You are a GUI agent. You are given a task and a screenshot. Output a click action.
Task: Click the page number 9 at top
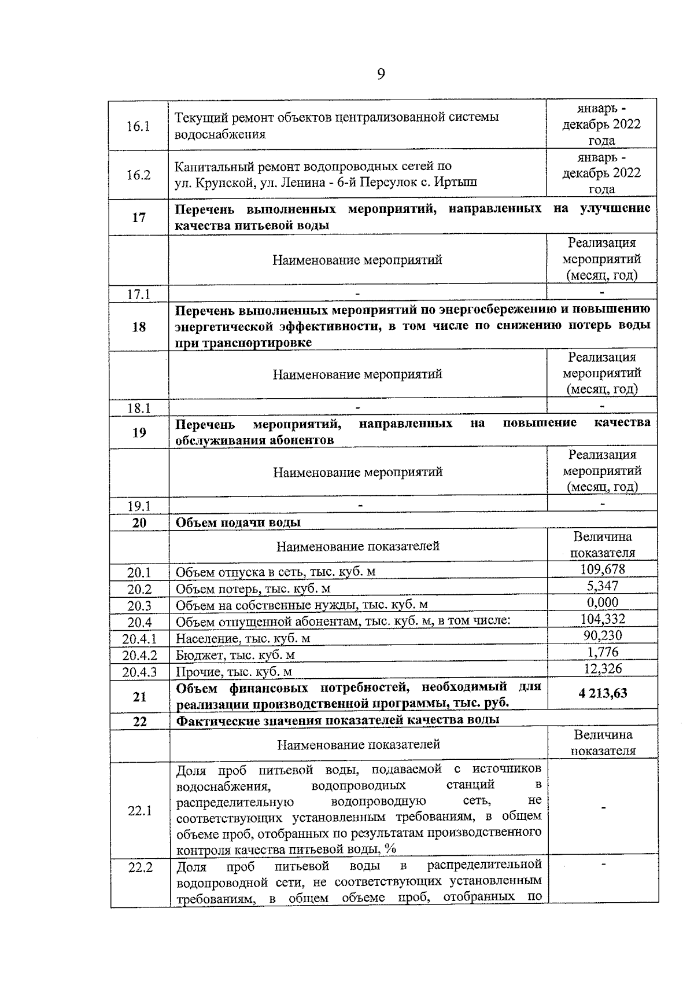(381, 74)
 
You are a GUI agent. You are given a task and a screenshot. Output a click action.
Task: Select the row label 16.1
(139, 126)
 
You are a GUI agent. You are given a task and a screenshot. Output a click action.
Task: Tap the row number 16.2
(139, 175)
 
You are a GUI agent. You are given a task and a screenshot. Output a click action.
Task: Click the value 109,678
(603, 569)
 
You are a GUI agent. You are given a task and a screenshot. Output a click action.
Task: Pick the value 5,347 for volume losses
(603, 586)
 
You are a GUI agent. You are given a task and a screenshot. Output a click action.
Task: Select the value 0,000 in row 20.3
(603, 602)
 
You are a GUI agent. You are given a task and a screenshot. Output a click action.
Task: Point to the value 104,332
(603, 619)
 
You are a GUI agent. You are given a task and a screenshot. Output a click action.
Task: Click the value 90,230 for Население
(603, 635)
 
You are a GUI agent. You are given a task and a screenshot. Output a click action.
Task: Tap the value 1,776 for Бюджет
(603, 652)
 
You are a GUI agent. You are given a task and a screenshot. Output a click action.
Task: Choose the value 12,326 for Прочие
(603, 669)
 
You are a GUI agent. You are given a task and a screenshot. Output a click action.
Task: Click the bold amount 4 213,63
(603, 693)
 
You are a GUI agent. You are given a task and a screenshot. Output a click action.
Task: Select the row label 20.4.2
(140, 656)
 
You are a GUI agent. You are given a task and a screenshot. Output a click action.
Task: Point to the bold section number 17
(139, 218)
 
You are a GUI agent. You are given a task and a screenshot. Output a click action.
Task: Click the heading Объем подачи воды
(238, 523)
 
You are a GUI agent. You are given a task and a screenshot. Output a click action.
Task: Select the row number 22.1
(140, 811)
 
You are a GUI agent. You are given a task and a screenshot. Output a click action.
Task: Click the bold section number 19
(139, 432)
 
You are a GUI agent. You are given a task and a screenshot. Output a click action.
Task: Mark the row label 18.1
(139, 409)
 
